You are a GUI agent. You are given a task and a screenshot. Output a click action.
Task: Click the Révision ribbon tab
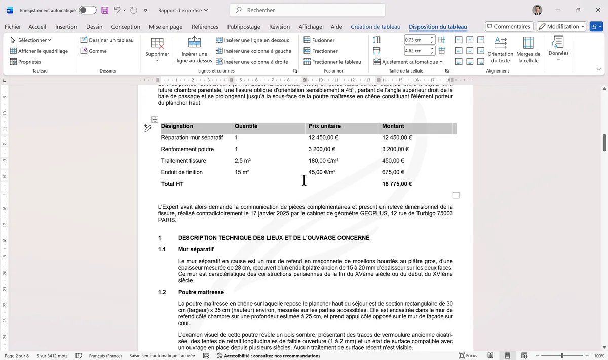[279, 27]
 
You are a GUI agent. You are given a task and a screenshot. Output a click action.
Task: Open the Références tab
[205, 27]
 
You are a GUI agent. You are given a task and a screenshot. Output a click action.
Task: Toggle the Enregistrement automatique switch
[87, 10]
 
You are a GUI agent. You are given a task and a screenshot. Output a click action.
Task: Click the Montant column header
[393, 126]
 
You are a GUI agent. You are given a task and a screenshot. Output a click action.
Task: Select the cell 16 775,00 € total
[397, 184]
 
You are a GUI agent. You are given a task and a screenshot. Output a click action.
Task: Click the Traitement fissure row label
[183, 161]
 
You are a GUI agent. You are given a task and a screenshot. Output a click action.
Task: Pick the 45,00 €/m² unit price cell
[322, 172]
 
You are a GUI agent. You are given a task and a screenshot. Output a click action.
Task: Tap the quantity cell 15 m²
[242, 172]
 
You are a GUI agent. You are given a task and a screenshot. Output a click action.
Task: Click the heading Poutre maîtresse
[201, 292]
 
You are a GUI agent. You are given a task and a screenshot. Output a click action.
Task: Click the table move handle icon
[155, 119]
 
